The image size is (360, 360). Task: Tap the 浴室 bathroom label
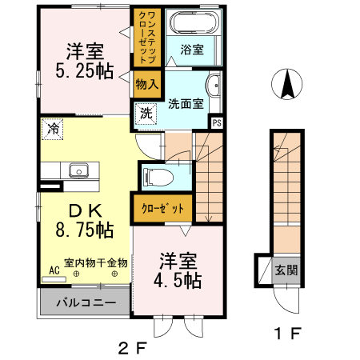click(x=191, y=50)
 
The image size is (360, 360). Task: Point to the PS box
click(x=216, y=122)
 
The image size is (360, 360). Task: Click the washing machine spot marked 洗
click(x=146, y=114)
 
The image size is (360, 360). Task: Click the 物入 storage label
click(x=146, y=83)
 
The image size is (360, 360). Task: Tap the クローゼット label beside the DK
click(x=162, y=208)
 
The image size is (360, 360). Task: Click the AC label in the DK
click(x=54, y=270)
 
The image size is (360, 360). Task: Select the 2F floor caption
click(x=133, y=347)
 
